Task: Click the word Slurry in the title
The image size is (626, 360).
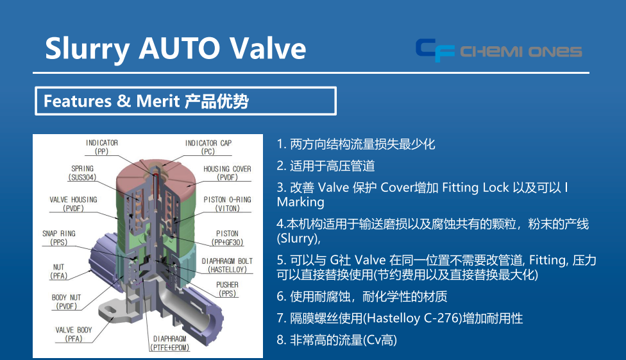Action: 87,49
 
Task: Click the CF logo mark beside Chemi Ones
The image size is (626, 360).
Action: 435,50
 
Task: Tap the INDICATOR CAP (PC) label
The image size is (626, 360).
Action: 208,147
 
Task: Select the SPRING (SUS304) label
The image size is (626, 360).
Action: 82,173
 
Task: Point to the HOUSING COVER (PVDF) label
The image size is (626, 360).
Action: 227,173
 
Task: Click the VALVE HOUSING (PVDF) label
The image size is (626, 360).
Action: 74,204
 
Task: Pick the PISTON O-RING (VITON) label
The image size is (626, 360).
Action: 227,204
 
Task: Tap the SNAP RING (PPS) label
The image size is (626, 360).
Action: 59,237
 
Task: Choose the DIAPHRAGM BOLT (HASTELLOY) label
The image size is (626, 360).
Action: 227,265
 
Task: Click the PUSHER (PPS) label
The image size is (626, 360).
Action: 227,289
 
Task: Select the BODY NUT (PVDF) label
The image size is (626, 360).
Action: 66,302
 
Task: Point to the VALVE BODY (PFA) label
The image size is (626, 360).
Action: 74,334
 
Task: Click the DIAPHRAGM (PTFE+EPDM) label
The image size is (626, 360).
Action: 170,343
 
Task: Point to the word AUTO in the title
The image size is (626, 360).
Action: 179,48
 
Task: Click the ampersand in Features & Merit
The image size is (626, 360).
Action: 124,101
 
